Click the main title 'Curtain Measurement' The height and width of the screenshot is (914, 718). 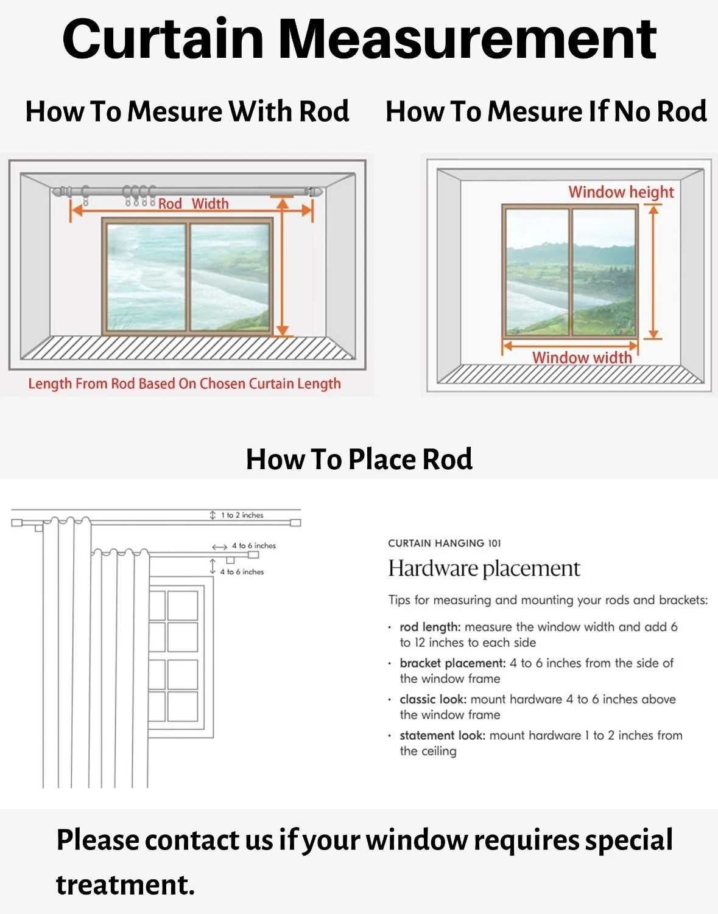coord(359,39)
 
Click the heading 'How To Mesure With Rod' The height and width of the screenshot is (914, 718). coord(187,112)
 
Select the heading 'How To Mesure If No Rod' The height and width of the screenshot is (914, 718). coord(546,112)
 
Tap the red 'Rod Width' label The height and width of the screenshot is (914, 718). coord(194,204)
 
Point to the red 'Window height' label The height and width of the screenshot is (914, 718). coord(621,192)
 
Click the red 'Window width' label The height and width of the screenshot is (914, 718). coord(582,357)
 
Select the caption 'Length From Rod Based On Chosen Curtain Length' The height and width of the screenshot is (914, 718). coord(185,384)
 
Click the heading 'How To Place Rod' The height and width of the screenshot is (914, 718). coord(359,459)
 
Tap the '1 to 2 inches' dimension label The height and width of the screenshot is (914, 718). coord(242,515)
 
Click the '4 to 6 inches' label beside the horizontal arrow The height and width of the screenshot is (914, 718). coord(254,546)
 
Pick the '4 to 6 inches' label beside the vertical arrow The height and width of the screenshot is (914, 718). coord(242,572)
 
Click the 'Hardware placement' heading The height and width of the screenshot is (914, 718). coord(484,568)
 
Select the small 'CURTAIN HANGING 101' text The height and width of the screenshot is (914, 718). coord(445,543)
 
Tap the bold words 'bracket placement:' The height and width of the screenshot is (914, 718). coord(452,663)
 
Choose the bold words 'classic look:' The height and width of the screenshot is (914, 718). coord(433,699)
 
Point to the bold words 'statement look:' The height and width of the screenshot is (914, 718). coord(442,735)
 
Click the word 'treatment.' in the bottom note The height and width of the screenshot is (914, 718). coord(125,885)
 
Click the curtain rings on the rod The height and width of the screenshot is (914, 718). coord(139,195)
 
